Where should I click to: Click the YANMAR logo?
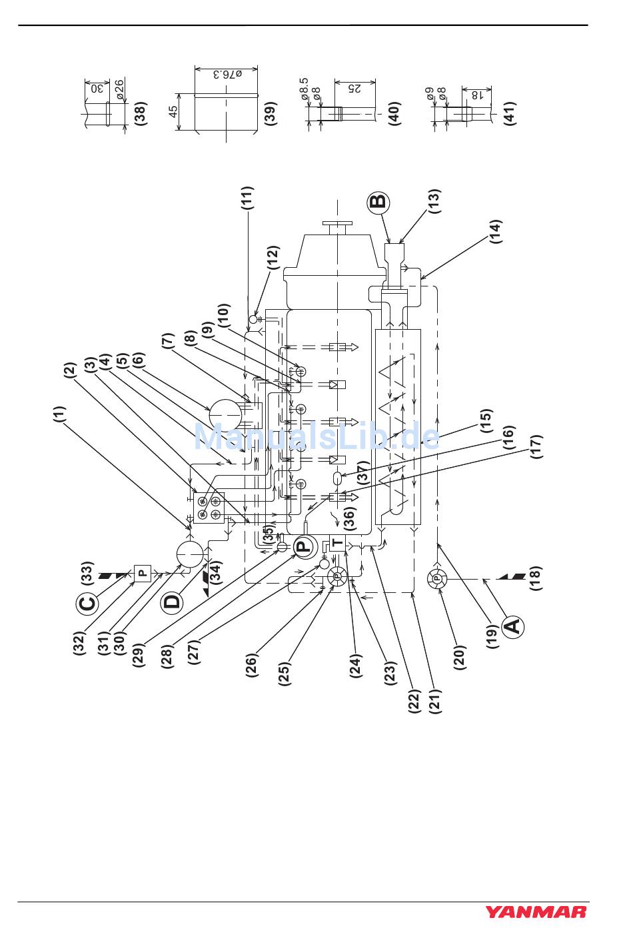535,911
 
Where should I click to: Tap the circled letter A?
512,626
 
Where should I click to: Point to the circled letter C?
88,603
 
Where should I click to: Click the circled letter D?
172,602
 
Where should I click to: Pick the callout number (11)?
247,199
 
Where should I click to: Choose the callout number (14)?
496,231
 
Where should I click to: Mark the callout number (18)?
534,579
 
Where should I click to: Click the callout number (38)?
141,114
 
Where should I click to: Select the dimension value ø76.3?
227,73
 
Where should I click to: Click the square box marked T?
338,543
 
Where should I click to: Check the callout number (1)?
59,416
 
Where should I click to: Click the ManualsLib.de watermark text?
316,436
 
